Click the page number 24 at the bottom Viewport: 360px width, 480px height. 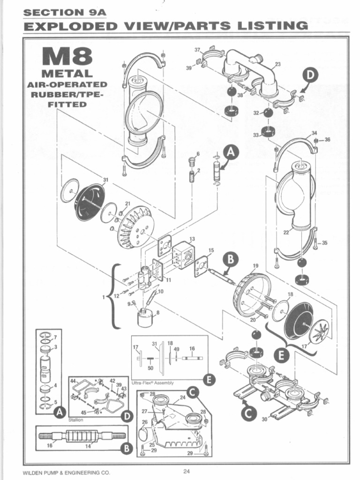(x=186, y=471)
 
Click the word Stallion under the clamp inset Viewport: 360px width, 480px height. (x=76, y=420)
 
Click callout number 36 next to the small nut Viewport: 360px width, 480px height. (x=327, y=139)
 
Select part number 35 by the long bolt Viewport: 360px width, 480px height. (x=325, y=243)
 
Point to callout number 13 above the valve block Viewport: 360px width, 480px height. (x=192, y=239)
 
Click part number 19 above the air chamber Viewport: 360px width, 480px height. (x=255, y=266)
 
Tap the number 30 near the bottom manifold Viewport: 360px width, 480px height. (x=264, y=419)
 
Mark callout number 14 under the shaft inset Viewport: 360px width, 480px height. (x=87, y=446)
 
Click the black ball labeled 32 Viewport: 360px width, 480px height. (x=268, y=114)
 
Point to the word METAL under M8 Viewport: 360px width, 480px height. (x=67, y=74)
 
